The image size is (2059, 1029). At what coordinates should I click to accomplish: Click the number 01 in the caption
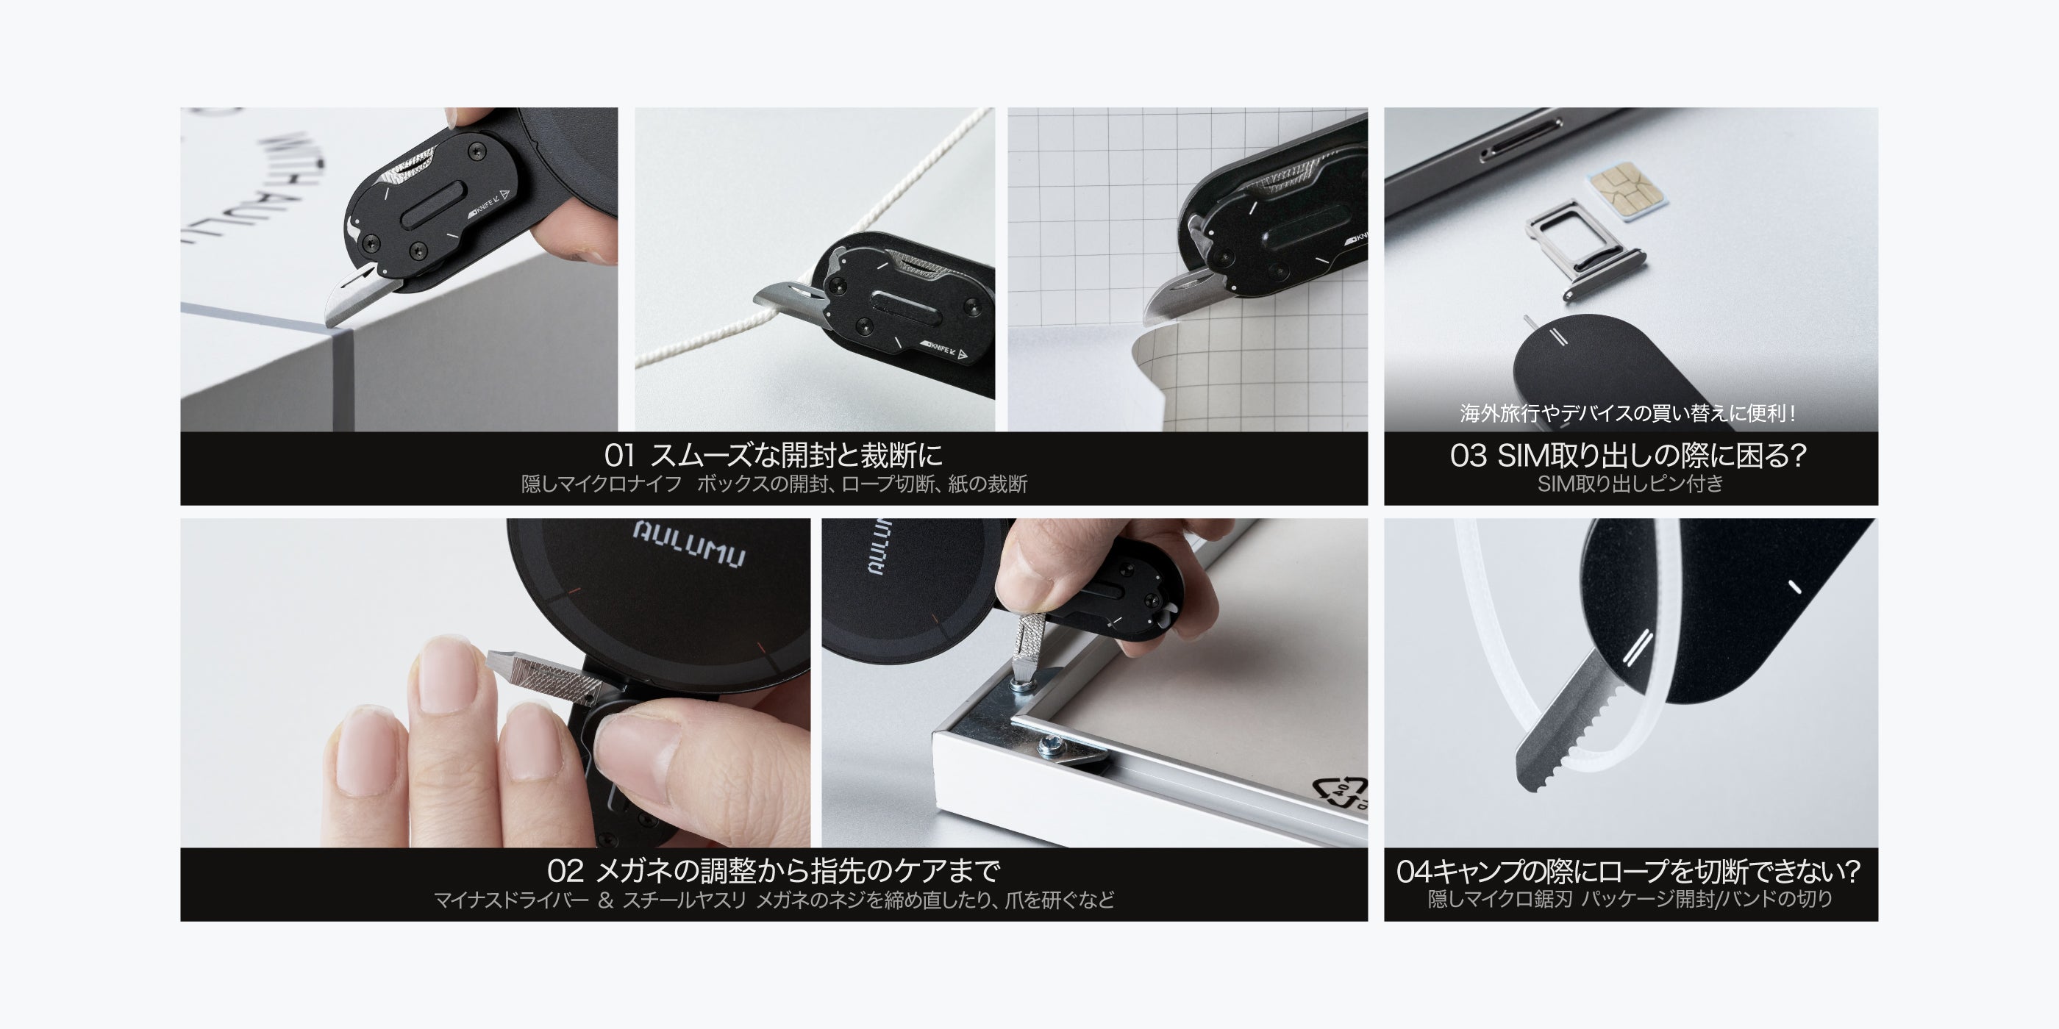pyautogui.click(x=619, y=456)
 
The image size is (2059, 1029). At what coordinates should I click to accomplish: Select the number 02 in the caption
pyautogui.click(x=564, y=871)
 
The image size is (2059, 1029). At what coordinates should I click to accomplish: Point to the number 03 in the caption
pyautogui.click(x=1469, y=456)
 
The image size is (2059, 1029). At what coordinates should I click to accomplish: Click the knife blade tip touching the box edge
pyautogui.click(x=329, y=324)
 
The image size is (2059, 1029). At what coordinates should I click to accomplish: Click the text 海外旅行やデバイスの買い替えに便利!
pyautogui.click(x=1628, y=413)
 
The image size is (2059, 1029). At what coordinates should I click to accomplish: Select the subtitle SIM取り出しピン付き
pyautogui.click(x=1630, y=484)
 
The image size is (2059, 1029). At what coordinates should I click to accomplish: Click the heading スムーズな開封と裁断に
pyautogui.click(x=796, y=456)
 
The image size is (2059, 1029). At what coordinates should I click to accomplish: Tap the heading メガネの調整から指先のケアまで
pyautogui.click(x=798, y=871)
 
